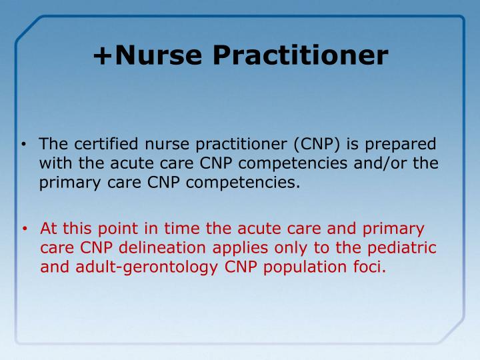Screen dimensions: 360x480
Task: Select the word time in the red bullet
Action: pyautogui.click(x=179, y=230)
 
